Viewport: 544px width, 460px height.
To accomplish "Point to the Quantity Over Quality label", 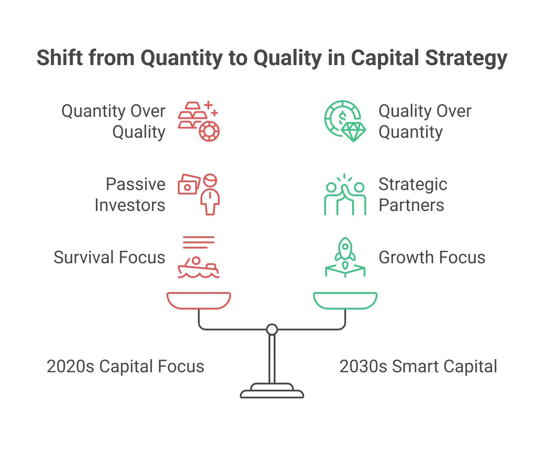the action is (x=113, y=121).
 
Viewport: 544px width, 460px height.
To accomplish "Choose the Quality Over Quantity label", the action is (x=425, y=121).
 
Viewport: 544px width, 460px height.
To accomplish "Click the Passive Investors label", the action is (x=130, y=195).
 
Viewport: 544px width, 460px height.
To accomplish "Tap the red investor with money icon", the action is (x=199, y=194).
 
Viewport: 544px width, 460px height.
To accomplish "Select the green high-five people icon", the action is (x=345, y=194).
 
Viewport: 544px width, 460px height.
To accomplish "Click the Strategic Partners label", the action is (x=413, y=195).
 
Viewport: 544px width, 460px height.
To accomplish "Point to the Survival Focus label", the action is (x=109, y=257).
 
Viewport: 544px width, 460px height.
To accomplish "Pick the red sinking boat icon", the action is (x=199, y=257).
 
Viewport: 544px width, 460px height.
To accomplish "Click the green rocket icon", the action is (x=345, y=257).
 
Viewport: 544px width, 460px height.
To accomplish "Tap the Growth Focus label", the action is (x=432, y=257).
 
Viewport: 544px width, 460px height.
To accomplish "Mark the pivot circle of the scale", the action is (x=272, y=330).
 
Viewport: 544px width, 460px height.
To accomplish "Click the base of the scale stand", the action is (x=272, y=391).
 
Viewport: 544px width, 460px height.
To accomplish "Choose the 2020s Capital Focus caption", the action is (x=126, y=366).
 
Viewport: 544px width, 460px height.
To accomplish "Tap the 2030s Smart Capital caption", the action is (x=418, y=366).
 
